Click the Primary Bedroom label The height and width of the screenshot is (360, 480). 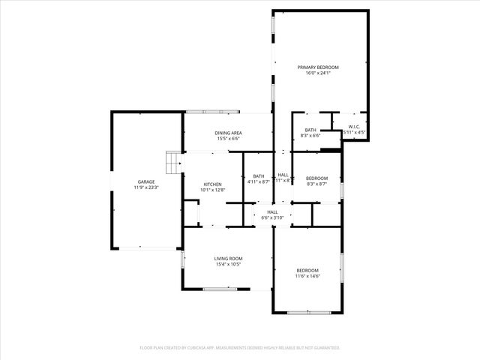coord(319,67)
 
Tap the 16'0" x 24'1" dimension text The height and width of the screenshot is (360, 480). coord(319,73)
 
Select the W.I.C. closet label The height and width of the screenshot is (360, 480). coord(354,127)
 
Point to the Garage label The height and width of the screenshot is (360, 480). coord(145,181)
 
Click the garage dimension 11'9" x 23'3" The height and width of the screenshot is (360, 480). coord(145,187)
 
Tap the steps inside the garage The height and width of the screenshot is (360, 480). coord(174,162)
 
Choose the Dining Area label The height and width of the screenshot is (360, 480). coord(229,133)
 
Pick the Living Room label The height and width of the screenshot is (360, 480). coord(229,259)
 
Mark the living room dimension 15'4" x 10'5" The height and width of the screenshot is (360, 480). coord(229,265)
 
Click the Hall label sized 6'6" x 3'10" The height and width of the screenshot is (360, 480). coord(272,212)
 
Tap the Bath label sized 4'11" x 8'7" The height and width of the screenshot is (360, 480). coord(258,176)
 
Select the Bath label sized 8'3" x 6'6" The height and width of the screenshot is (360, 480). coord(310,130)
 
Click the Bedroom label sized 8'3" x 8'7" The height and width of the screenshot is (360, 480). coord(317,178)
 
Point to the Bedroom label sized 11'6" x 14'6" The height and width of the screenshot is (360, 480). coord(307,271)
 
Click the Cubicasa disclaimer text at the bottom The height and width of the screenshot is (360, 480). coord(240,348)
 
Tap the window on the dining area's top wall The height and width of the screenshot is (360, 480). coord(208,112)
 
